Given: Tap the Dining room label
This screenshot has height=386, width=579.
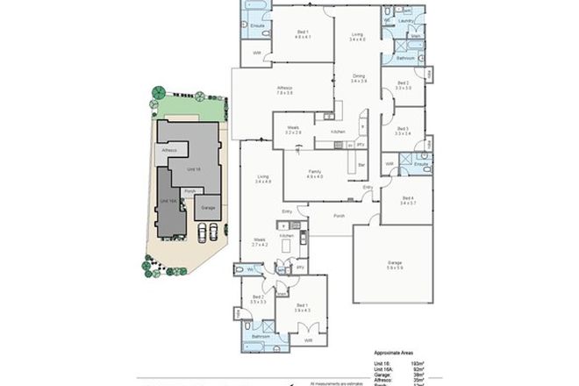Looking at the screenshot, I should click(358, 77).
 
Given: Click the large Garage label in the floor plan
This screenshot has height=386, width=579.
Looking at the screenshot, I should click(395, 264).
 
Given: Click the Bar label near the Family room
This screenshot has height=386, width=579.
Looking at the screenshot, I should click(361, 163).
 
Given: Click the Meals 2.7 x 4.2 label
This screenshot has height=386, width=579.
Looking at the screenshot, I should click(259, 240).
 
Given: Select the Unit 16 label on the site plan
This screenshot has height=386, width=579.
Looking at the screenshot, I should click(193, 168).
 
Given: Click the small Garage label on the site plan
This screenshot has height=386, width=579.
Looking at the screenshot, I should click(208, 208).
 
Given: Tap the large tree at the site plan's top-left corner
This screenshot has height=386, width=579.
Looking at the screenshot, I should click(158, 91).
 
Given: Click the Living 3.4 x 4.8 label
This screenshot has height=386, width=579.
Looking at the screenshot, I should click(262, 179).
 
